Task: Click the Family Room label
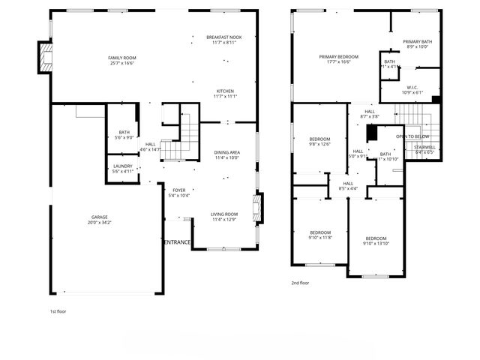(x=121, y=57)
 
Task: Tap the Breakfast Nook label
(x=224, y=37)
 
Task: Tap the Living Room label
(x=226, y=214)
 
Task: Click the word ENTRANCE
(x=178, y=241)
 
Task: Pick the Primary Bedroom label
(x=338, y=57)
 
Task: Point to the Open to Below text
(x=412, y=136)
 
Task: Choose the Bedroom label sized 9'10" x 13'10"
(x=376, y=238)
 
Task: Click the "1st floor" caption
(x=58, y=310)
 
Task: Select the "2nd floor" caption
(x=300, y=283)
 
